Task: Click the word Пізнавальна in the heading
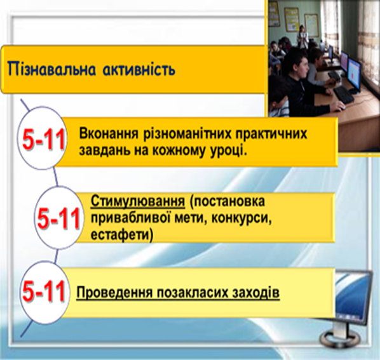(51, 69)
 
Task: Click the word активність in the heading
(139, 69)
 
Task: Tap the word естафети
(122, 235)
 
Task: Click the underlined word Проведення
(114, 293)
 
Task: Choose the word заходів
(255, 293)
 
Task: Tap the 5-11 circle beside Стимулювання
(58, 217)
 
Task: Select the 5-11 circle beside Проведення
(44, 291)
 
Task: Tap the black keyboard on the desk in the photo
(344, 94)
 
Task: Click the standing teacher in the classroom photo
(302, 36)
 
